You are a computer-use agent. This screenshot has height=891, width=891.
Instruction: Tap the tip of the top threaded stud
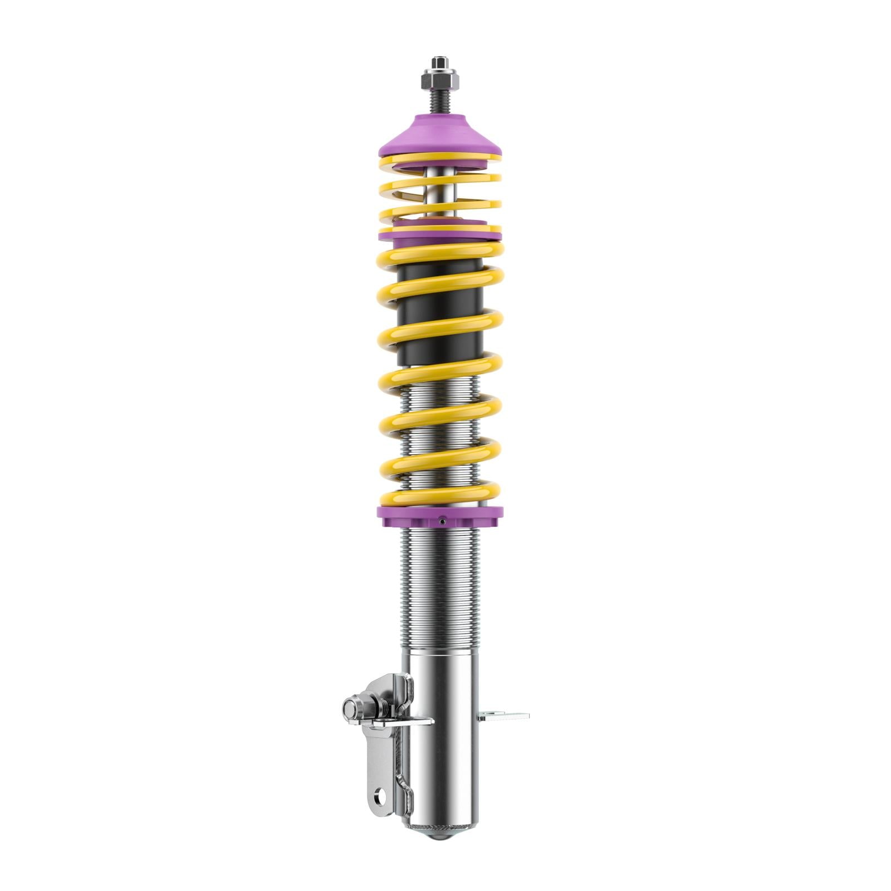439,59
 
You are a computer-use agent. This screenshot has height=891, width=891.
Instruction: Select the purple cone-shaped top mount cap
439,139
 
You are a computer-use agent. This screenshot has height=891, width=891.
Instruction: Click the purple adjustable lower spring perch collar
439,517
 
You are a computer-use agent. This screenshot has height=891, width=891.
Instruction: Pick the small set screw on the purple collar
441,522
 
